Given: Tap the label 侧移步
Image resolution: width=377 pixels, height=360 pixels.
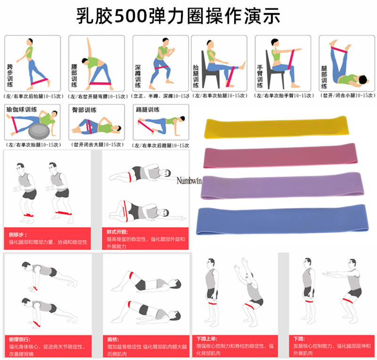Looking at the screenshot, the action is tap(16, 234).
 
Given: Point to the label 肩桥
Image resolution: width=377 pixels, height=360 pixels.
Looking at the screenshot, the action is tap(112, 338).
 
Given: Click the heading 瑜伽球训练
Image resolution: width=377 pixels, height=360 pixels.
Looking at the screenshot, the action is tap(22, 109).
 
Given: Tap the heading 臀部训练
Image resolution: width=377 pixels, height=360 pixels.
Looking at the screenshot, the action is tap(84, 109).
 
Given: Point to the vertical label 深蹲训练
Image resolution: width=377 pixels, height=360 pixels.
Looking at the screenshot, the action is tap(138, 75).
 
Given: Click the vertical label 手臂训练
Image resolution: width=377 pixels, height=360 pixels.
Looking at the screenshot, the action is tap(260, 75).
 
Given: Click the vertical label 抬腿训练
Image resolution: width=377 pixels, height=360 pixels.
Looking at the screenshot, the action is tap(196, 75).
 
